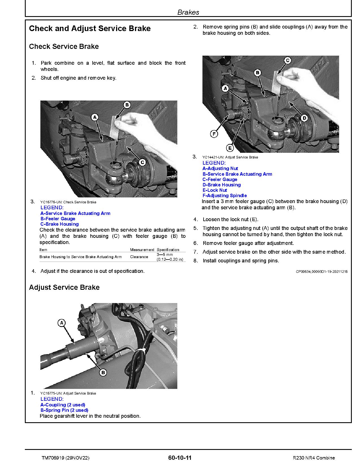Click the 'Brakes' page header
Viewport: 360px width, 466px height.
pos(188,12)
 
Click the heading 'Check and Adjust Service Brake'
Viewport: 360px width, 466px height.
pos(90,29)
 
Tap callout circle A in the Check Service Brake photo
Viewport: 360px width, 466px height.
pos(95,117)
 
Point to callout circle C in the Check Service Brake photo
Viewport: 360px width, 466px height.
pos(142,162)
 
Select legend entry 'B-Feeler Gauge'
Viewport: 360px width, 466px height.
pos(58,219)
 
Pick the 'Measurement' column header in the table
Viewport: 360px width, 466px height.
pos(142,250)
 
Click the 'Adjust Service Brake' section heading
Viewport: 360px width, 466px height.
pos(64,288)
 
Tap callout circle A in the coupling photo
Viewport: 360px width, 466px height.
pos(62,323)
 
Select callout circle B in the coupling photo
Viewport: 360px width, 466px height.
pos(103,373)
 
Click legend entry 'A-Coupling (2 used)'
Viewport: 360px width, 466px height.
pos(63,405)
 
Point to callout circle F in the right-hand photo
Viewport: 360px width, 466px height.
pos(214,134)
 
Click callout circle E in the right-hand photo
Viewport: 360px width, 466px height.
pos(230,148)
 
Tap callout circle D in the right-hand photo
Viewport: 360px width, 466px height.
pos(304,118)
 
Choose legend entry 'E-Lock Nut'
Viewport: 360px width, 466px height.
pos(215,190)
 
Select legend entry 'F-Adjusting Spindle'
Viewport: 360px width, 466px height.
pos(224,195)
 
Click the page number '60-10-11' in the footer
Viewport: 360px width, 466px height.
pos(180,458)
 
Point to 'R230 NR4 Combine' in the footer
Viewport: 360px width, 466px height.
pos(314,458)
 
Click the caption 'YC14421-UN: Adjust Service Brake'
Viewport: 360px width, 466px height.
pos(230,157)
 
